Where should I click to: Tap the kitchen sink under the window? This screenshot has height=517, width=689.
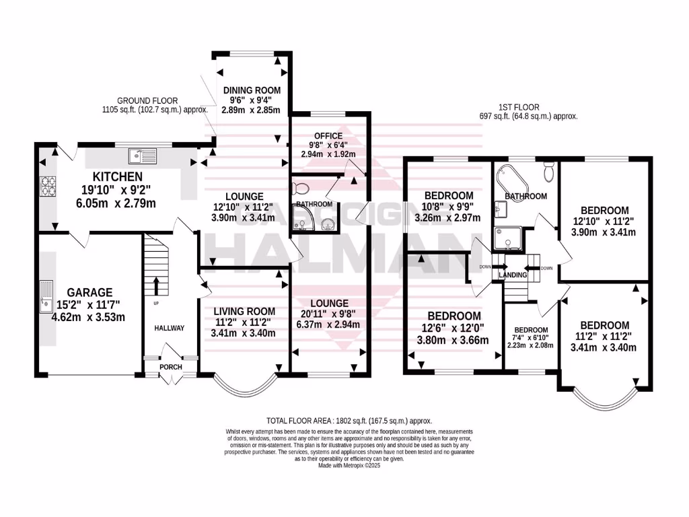143,157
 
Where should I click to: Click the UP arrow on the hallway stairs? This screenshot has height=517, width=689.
155,285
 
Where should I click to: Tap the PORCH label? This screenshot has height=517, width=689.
170,367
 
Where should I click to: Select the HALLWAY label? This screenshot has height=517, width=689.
168,328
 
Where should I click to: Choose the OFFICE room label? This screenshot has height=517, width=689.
328,135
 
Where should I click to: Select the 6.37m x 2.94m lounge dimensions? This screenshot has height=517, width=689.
328,324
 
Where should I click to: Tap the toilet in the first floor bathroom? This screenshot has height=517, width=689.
549,172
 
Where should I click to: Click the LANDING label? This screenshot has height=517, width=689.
512,275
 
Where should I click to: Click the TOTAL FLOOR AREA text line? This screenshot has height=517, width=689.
349,419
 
